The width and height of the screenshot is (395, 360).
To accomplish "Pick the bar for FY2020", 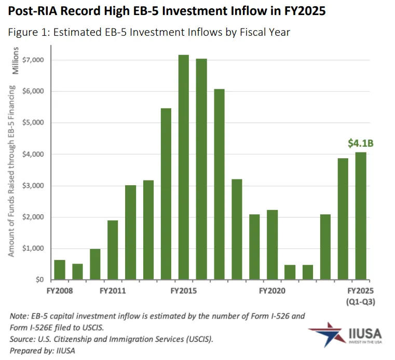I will pyautogui.click(x=272, y=245).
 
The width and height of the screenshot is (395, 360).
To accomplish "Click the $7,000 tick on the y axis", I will pyautogui.click(x=34, y=60).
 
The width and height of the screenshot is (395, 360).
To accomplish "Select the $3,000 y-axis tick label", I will pyautogui.click(x=34, y=186).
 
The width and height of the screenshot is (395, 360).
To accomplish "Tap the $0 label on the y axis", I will pyautogui.click(x=39, y=280).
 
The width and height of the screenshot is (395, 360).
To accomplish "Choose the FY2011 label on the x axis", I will pyautogui.click(x=113, y=291).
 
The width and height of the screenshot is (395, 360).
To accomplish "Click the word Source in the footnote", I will pyautogui.click(x=22, y=339).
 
